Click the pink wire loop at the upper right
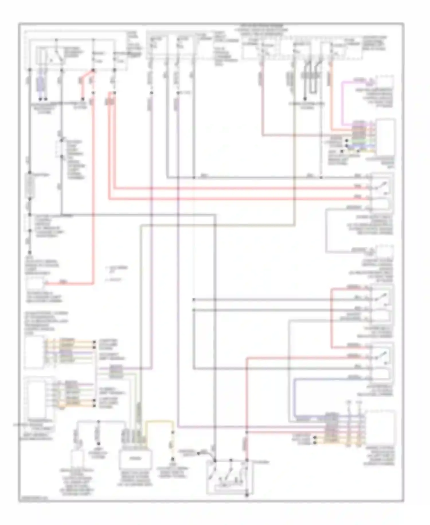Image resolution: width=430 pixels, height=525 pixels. (342, 101)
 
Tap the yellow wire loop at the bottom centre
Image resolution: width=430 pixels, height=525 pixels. (159, 422)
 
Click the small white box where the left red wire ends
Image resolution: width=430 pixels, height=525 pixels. (35, 284)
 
